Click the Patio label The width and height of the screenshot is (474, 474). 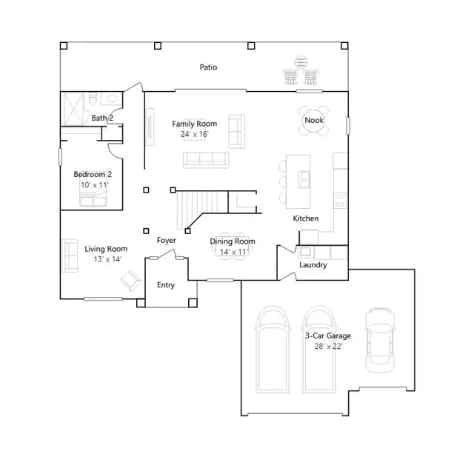coord(208,67)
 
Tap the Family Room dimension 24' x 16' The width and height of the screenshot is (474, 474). coord(194,134)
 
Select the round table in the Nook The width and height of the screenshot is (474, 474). coord(314,120)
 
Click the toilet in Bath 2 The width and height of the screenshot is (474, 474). coord(93,99)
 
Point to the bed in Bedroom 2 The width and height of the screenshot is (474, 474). coord(93,193)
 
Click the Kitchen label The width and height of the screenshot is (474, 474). coord(306,218)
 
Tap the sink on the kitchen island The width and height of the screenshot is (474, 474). coord(304,179)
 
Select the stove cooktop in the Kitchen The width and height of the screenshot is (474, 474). coord(340,200)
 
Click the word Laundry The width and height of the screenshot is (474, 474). coord(313,265)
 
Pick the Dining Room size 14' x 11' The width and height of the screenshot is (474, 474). coord(234,252)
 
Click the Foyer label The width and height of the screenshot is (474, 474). coord(166,240)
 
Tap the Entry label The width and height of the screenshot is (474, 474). coord(166,285)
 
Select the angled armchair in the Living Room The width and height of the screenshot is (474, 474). coord(131,280)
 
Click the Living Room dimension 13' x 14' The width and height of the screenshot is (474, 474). coord(107,259)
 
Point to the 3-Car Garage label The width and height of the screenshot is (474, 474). coord(328,336)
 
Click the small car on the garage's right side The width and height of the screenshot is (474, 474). coord(380,340)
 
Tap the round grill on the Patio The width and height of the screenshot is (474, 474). coord(301,62)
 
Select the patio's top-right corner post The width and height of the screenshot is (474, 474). coord(344,46)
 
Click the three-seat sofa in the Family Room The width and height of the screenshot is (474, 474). coord(206,160)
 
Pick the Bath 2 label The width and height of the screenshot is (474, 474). coord(102,118)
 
